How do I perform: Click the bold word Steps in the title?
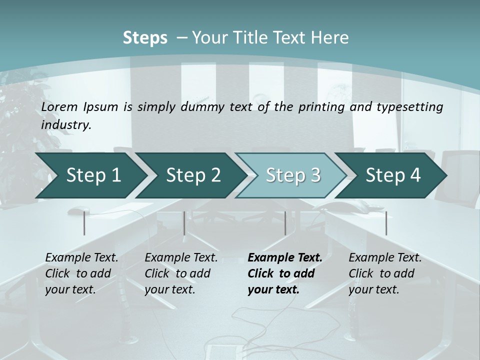(145, 37)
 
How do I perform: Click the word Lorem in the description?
(59, 106)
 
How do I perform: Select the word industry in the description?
(65, 124)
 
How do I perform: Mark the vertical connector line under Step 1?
(84, 223)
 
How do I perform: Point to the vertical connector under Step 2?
(184, 223)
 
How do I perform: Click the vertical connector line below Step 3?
(285, 223)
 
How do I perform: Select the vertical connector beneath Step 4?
(386, 223)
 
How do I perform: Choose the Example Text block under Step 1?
(81, 273)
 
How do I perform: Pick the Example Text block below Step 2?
(181, 273)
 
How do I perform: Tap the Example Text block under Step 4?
(385, 273)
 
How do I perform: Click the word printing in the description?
(321, 106)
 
